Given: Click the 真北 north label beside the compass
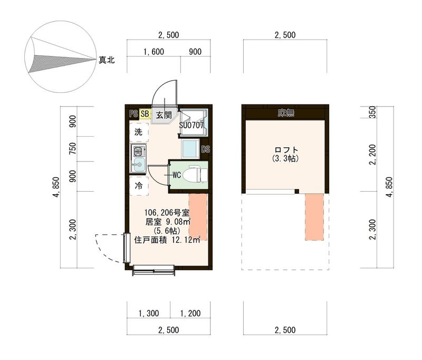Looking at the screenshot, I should [107, 60].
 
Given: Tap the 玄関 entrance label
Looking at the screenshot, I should [164, 114].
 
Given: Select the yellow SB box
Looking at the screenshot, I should [145, 113].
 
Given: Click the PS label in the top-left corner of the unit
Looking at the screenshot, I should [133, 113].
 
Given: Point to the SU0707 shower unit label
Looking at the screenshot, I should [195, 126].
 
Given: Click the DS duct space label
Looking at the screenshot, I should [205, 149].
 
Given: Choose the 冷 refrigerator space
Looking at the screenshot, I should [138, 185].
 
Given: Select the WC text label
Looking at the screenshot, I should [176, 174].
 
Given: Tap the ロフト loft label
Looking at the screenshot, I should [285, 149].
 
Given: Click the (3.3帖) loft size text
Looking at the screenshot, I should [285, 158].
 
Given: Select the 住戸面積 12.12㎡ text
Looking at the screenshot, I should [167, 240].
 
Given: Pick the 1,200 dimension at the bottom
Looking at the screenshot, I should [190, 314].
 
